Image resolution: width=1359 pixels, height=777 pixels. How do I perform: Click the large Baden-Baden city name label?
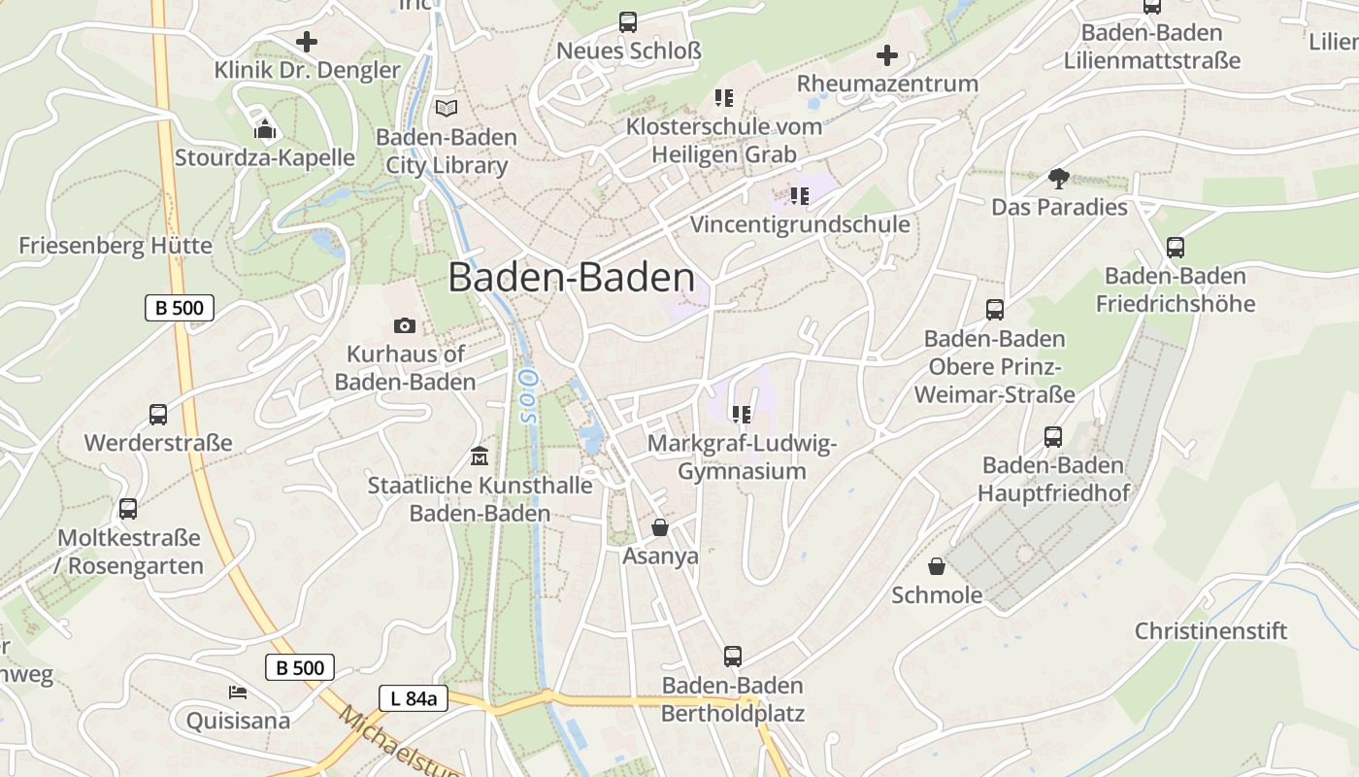[x=571, y=278]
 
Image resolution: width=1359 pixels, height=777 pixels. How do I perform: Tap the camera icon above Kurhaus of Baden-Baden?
[x=405, y=325]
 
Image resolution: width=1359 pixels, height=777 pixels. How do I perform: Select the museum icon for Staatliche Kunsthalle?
[x=480, y=455]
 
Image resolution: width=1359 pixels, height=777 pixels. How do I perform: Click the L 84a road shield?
[x=414, y=697]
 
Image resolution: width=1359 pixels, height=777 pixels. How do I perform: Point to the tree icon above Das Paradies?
[x=1058, y=178]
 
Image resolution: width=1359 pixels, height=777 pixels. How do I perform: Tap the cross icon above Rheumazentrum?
[x=887, y=55]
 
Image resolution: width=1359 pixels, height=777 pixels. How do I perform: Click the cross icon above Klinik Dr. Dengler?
[x=307, y=42]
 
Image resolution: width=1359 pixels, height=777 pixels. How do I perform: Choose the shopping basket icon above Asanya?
[x=660, y=527]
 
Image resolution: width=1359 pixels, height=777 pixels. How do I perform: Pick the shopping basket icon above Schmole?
[x=937, y=565]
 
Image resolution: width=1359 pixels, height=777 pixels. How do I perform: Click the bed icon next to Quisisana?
[x=238, y=692]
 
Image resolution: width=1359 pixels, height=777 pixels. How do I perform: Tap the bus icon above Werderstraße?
[x=158, y=415]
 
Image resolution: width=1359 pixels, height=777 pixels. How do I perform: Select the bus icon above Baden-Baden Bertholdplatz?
[x=733, y=657]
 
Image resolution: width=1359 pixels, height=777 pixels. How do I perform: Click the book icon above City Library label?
[x=447, y=108]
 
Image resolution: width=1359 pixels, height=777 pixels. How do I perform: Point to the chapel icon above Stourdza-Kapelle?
[x=265, y=128]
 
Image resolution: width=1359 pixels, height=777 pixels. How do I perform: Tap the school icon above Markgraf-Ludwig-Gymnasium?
[x=742, y=415]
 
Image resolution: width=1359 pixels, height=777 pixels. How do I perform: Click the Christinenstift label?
[x=1210, y=630]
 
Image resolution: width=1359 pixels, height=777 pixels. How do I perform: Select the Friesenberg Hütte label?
[x=116, y=245]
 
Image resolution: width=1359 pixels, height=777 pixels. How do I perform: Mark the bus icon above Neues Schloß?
[x=628, y=21]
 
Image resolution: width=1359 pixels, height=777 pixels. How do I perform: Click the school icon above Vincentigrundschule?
[x=799, y=196]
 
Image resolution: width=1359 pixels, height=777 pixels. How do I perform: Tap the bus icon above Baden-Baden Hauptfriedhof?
[x=1053, y=437]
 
